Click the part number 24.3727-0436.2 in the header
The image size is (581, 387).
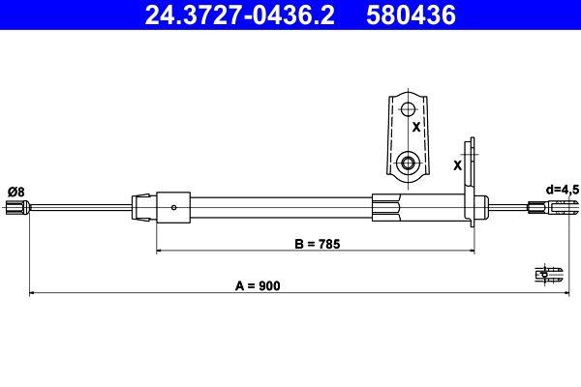tap(240, 15)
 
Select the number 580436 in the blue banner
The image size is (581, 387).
tap(411, 15)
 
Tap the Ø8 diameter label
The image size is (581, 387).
tap(15, 193)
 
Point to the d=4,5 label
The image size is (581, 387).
tap(562, 190)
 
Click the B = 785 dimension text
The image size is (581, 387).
tap(318, 244)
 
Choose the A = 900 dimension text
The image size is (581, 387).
tap(258, 286)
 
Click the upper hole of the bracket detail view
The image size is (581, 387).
tap(408, 109)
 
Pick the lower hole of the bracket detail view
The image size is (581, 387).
tap(408, 163)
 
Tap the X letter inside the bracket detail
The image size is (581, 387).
tap(416, 127)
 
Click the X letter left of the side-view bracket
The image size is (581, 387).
tap(458, 165)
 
